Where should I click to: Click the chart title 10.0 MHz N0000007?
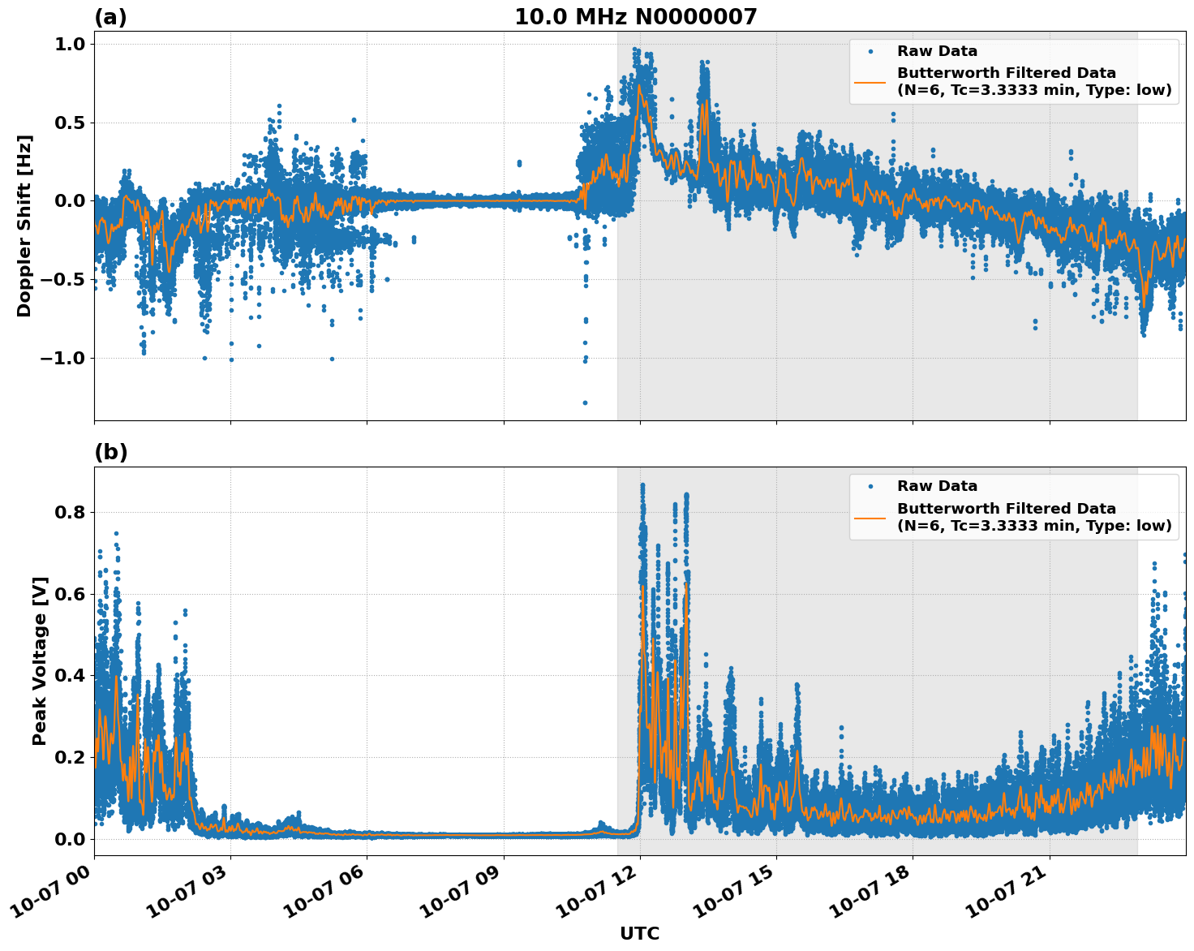pyautogui.click(x=635, y=17)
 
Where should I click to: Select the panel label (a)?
pyautogui.click(x=110, y=17)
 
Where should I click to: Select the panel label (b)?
pyautogui.click(x=110, y=452)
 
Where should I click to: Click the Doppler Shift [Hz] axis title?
pyautogui.click(x=24, y=226)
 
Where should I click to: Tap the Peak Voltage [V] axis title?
pyautogui.click(x=40, y=661)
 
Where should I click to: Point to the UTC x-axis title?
pyautogui.click(x=639, y=933)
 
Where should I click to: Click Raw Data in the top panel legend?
pyautogui.click(x=937, y=51)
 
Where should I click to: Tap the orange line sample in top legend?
pyautogui.click(x=870, y=81)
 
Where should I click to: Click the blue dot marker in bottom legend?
pyautogui.click(x=870, y=486)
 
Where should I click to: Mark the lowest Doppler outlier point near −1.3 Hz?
pyautogui.click(x=585, y=402)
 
